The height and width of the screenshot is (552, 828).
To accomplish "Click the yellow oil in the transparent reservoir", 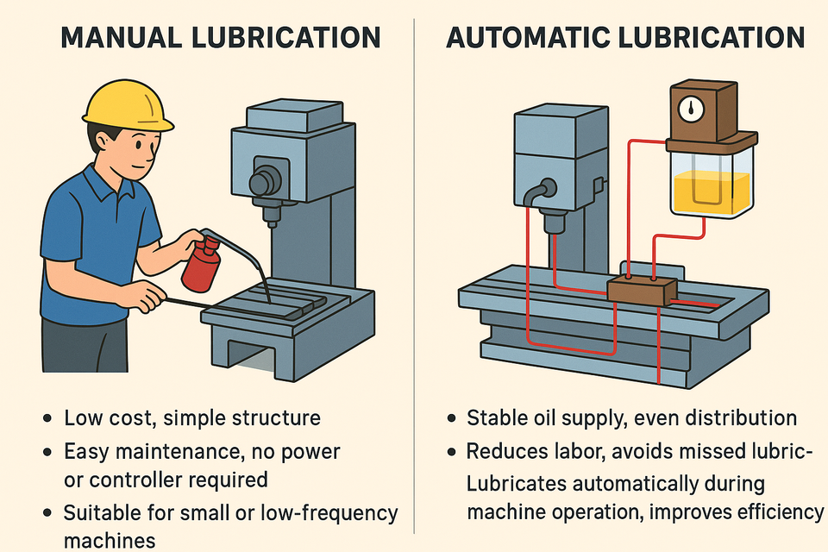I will pos(712,191).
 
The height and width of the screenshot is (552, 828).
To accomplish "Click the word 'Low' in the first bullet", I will pos(82,419).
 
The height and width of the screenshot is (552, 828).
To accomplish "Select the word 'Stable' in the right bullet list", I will pos(496,419).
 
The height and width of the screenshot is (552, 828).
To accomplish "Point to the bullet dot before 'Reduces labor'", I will pos(452,452).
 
